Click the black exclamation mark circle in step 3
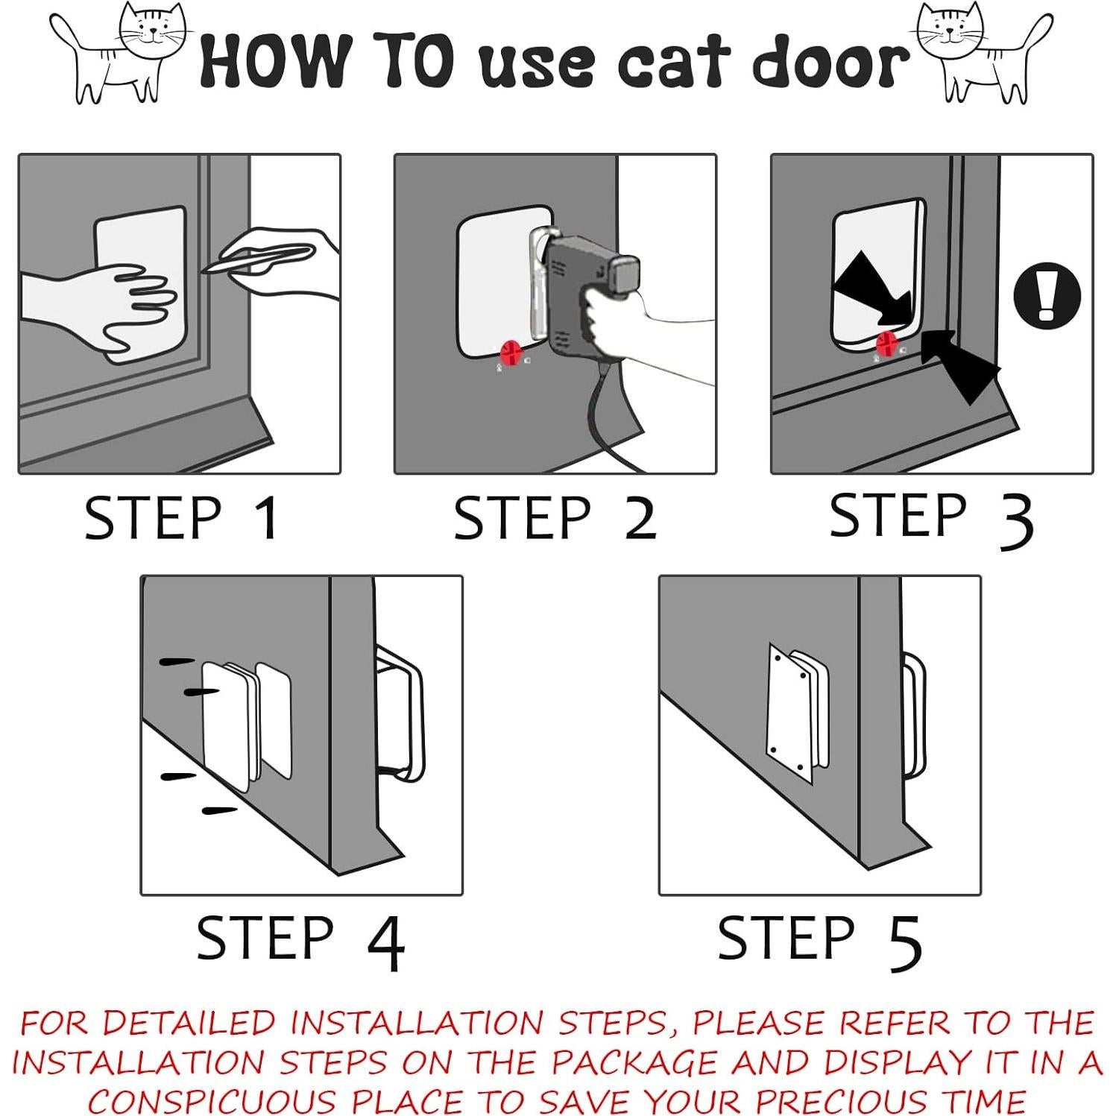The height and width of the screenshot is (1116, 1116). click(x=1047, y=294)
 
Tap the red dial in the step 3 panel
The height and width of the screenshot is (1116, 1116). click(x=886, y=344)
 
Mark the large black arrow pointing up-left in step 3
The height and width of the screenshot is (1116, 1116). click(x=960, y=366)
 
